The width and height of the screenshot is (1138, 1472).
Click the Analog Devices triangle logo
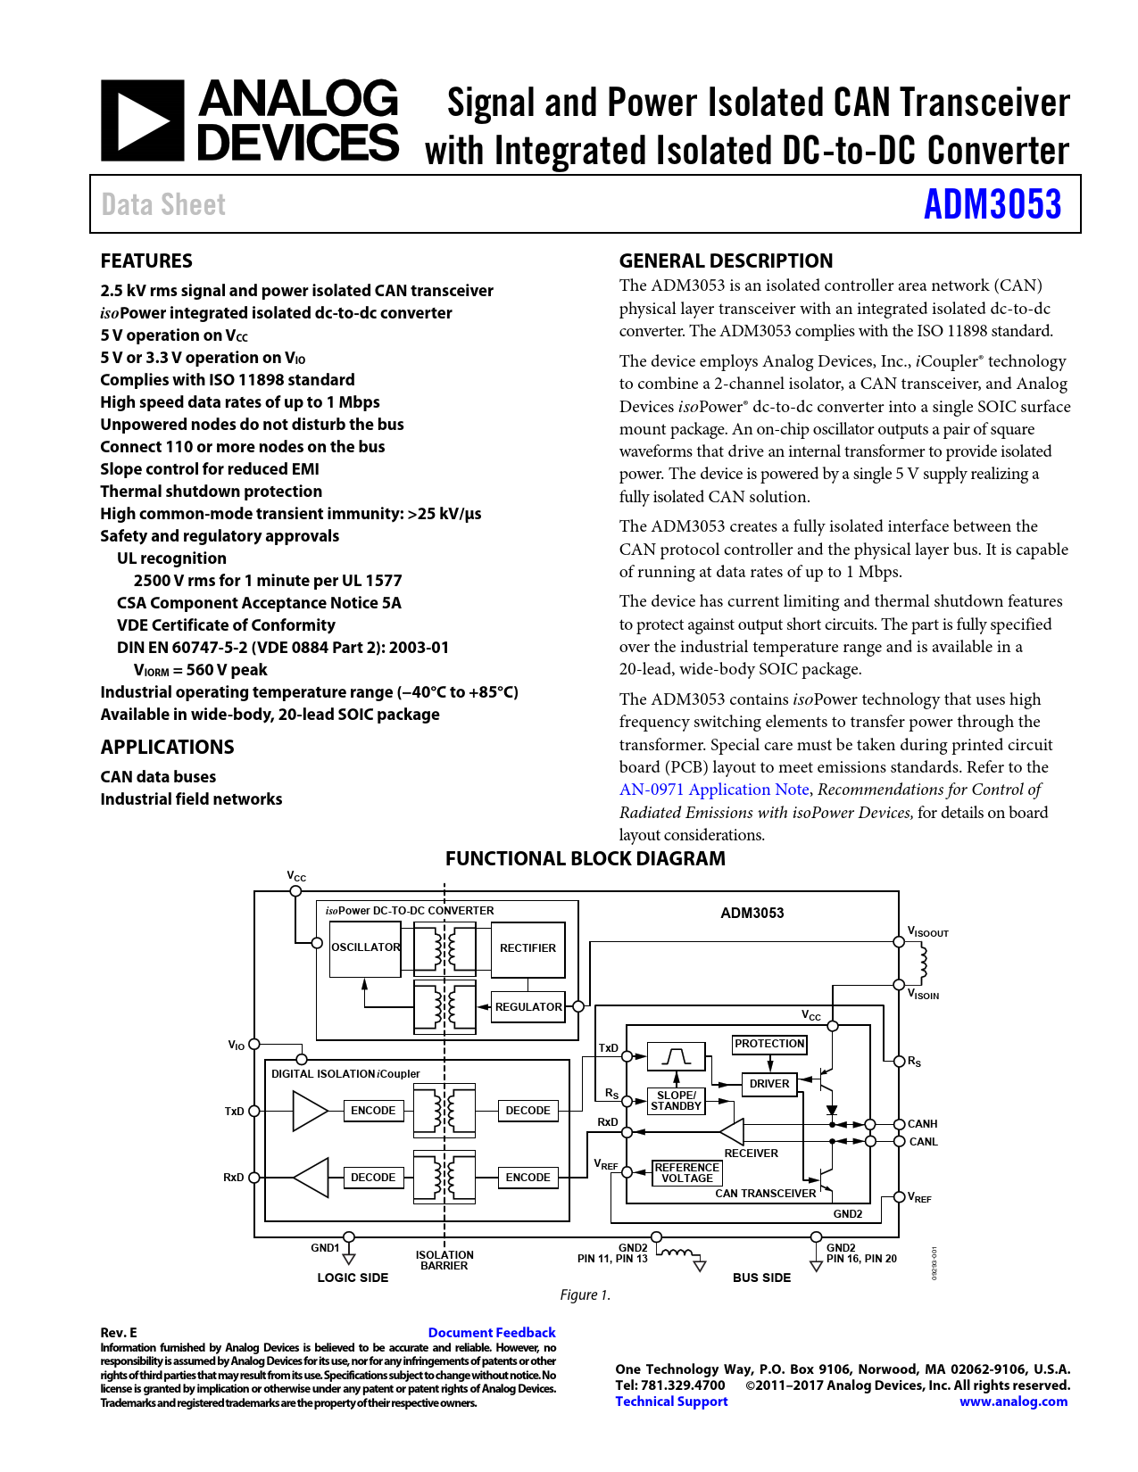click(142, 120)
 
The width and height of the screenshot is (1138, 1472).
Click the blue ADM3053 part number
click(992, 204)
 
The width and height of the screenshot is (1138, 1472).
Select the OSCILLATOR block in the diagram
click(365, 947)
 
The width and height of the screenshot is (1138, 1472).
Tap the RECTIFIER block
click(527, 948)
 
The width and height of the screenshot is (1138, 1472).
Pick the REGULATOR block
click(528, 1006)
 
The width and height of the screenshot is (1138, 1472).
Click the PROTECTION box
click(769, 1044)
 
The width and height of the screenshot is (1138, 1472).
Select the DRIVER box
click(769, 1084)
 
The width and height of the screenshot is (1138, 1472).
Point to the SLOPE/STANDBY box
click(676, 1101)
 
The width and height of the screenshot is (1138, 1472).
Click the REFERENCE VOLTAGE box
click(686, 1172)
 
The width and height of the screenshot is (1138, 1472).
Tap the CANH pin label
click(922, 1124)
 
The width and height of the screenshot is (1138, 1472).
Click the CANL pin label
click(923, 1142)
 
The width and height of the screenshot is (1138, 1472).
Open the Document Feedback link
click(492, 1333)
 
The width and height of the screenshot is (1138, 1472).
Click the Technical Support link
click(671, 1402)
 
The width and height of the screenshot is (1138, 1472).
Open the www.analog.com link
click(1013, 1402)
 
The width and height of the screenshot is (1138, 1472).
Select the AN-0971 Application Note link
click(714, 790)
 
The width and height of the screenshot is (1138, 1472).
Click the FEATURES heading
click(146, 261)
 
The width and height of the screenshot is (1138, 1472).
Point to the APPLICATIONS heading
click(167, 748)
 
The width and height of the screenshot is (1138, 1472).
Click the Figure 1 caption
click(585, 1294)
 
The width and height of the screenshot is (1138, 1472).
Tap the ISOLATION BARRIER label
click(444, 1260)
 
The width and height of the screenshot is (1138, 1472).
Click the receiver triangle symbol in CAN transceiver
click(734, 1132)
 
